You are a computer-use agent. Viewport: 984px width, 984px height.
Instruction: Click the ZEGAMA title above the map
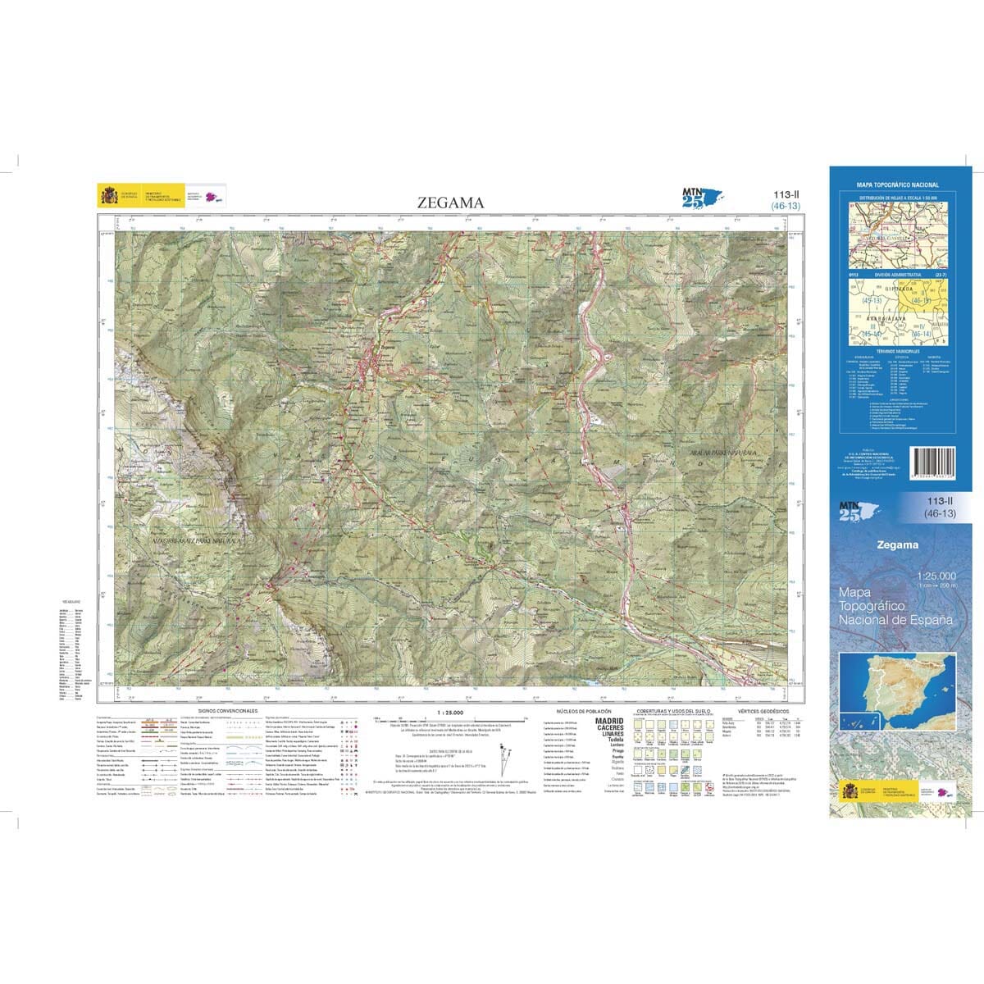click(x=451, y=203)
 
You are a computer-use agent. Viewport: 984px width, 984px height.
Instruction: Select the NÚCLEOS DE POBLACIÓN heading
click(x=579, y=711)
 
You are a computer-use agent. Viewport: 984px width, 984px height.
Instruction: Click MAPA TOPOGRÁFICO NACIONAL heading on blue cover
click(x=897, y=185)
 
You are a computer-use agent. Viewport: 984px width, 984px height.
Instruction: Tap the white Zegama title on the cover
click(x=897, y=544)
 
